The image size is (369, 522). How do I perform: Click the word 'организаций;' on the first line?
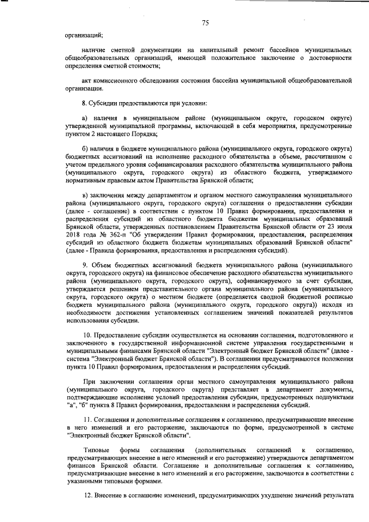[84, 36]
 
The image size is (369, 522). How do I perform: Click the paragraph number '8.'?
[85, 103]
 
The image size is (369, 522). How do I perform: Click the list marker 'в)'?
[85, 196]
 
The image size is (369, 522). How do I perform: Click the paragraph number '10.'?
[86, 335]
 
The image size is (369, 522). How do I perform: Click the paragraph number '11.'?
[86, 419]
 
